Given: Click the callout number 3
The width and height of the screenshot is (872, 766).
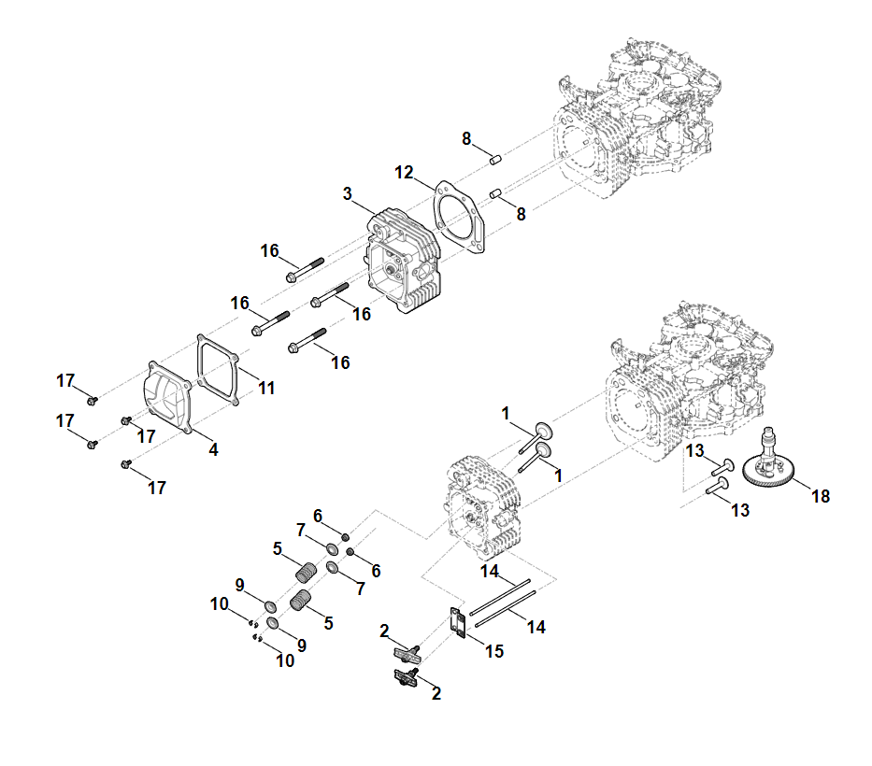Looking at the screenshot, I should (347, 194).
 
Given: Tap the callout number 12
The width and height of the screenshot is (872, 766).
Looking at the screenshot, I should (404, 172).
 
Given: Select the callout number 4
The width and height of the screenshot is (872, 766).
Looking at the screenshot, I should (213, 449).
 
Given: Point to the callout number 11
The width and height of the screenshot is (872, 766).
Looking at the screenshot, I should (267, 387).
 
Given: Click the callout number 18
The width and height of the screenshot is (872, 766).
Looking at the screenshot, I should (821, 496).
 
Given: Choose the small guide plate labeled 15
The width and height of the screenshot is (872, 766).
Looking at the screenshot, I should (458, 622).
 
